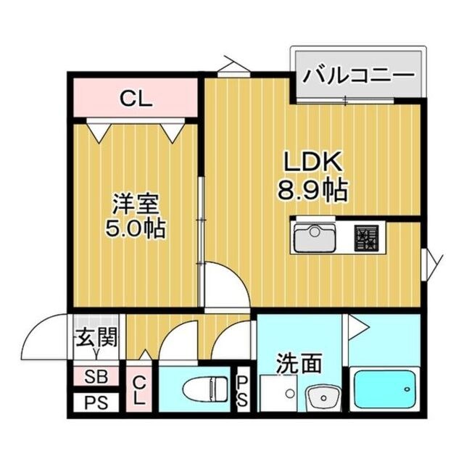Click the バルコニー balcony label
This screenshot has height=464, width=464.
coord(357,75)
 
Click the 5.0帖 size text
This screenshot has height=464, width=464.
coord(136,230)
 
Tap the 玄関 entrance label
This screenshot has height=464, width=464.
coord(96,337)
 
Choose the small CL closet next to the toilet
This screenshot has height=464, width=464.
coord(139,390)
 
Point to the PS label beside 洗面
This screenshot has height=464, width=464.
coord(243,390)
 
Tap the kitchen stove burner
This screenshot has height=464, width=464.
coord(366,236)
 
